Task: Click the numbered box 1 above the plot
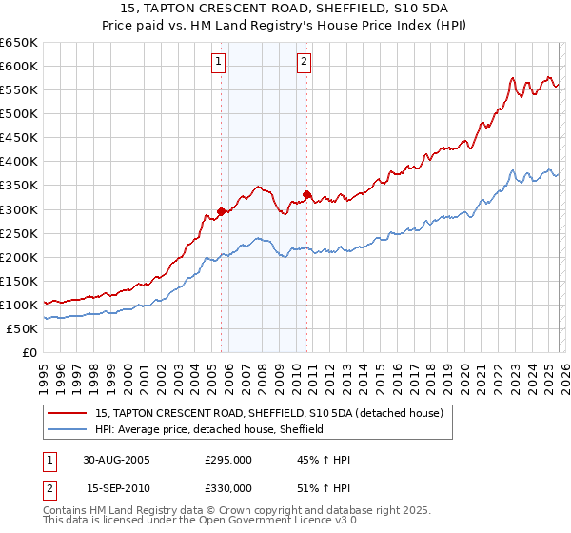pos(219,63)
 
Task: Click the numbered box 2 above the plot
pos(304,63)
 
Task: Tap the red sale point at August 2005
pos(222,211)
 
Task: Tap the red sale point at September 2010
pos(307,194)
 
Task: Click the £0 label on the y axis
pos(29,352)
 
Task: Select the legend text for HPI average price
pos(209,429)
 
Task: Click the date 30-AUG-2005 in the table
pos(117,460)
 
